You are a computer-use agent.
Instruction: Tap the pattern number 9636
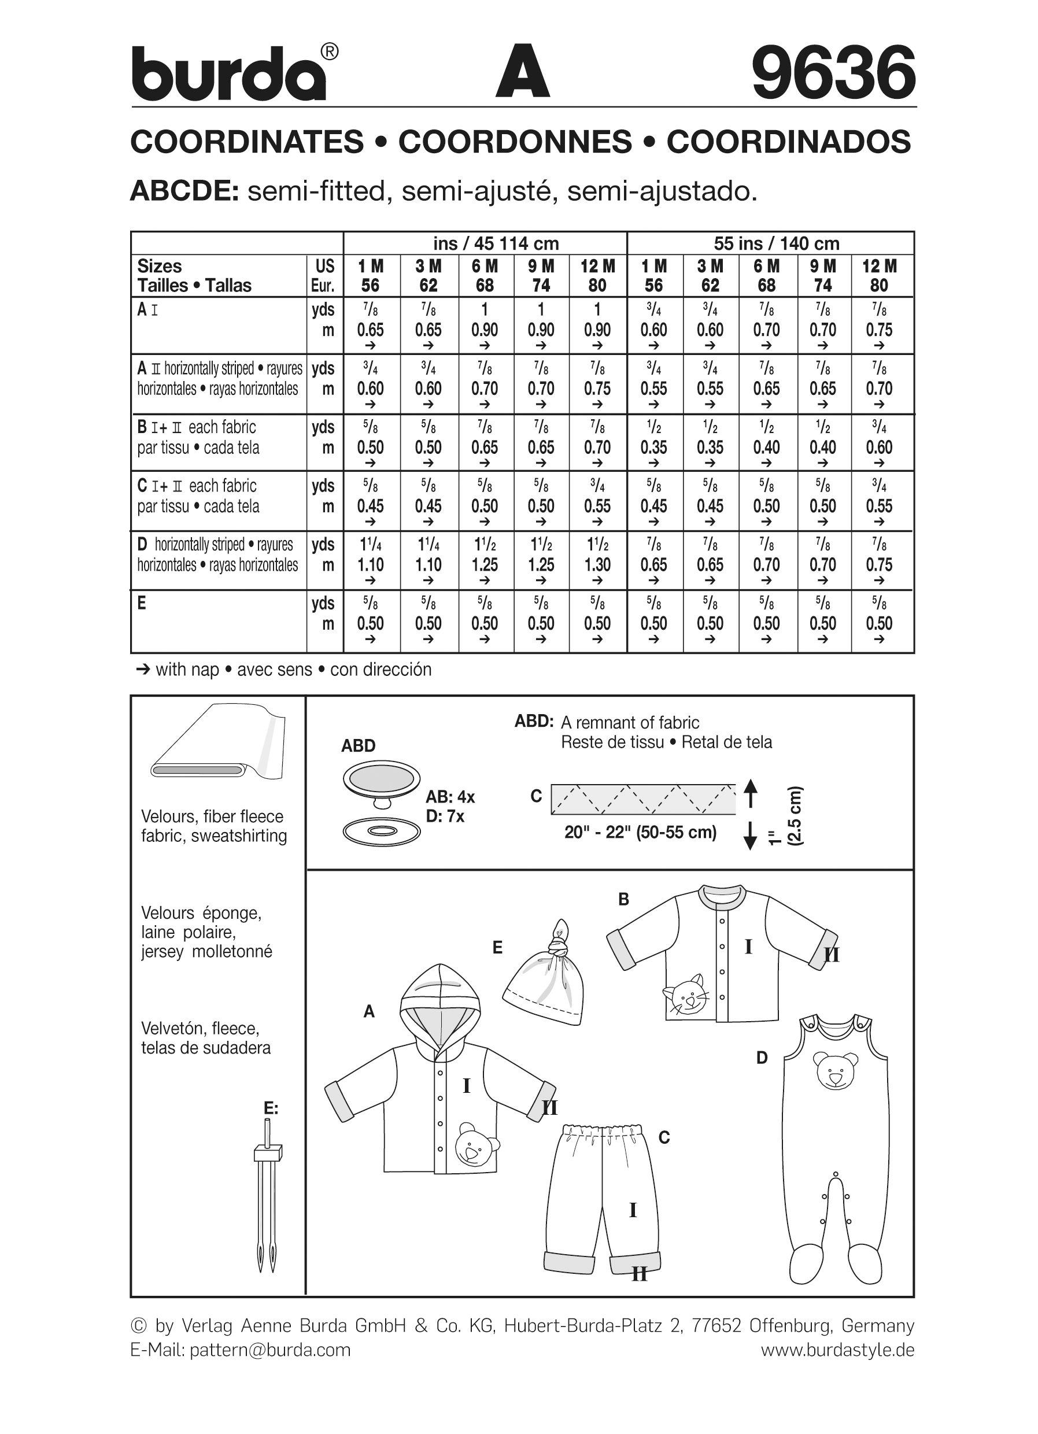[x=833, y=72]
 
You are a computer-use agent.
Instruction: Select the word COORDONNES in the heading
[x=515, y=142]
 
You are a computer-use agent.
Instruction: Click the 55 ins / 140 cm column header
[x=775, y=243]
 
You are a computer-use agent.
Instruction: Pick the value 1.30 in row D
[x=597, y=564]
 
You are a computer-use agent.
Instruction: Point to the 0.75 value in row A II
[x=597, y=388]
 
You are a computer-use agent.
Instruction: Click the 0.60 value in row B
[x=879, y=447]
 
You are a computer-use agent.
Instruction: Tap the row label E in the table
[x=142, y=603]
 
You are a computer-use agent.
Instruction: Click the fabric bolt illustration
[x=218, y=742]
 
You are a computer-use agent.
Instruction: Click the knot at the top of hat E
[x=559, y=945]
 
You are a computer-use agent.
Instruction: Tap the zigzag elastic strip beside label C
[x=643, y=799]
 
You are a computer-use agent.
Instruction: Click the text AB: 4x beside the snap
[x=450, y=797]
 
